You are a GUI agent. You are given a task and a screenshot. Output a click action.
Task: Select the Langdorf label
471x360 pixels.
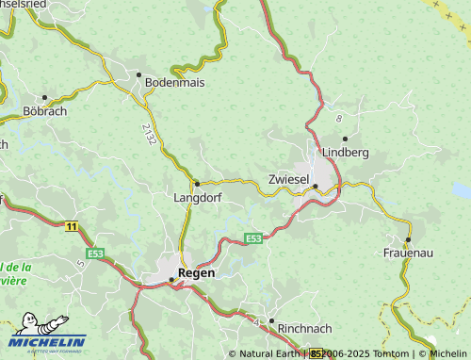point(196,198)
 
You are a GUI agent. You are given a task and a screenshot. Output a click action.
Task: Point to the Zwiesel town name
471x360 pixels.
point(288,178)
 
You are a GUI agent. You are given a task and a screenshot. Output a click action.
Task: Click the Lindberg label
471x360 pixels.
point(345,152)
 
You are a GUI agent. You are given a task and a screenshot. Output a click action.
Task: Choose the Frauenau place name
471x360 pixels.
point(407,254)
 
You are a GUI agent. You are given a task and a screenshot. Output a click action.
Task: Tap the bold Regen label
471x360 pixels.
point(196,272)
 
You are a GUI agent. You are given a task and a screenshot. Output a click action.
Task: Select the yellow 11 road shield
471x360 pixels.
point(72,226)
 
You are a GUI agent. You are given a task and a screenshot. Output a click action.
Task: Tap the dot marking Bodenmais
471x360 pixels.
point(138,74)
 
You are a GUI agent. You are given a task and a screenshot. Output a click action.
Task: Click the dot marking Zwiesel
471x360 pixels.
point(315,186)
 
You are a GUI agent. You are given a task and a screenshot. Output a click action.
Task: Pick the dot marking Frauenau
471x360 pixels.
point(408,239)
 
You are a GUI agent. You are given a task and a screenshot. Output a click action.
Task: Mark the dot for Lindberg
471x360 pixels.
point(345,139)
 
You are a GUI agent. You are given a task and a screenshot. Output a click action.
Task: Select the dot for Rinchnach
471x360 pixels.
point(271,321)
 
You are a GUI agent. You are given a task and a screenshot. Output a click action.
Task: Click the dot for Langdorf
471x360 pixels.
point(196,183)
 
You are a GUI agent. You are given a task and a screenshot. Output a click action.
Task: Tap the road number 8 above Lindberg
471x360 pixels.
point(338,118)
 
